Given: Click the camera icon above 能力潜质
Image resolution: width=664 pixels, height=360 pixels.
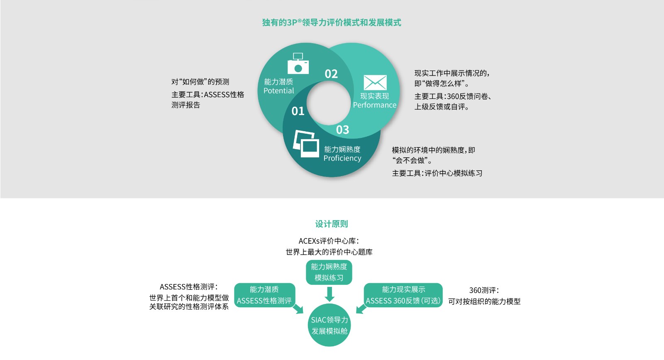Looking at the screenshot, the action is (x=298, y=64).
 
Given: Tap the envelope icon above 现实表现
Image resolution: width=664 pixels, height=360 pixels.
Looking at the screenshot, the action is (x=375, y=83).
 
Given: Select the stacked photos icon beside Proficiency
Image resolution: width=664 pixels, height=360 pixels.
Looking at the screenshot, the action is (x=306, y=144).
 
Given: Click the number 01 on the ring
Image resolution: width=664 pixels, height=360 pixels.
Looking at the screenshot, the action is (x=298, y=111).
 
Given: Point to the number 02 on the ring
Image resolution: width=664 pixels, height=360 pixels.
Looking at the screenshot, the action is (x=331, y=74).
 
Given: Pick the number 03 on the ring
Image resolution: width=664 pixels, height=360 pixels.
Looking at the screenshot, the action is (x=342, y=130).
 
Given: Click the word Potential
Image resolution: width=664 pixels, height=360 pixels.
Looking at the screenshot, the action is (x=278, y=91).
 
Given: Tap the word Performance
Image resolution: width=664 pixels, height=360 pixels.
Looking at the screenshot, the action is (x=375, y=105).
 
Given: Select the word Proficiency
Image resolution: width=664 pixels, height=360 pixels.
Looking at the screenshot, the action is (x=342, y=158).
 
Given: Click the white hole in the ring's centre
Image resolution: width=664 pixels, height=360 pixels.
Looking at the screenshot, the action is (x=329, y=103).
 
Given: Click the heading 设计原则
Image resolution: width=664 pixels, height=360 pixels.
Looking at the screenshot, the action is (x=332, y=224).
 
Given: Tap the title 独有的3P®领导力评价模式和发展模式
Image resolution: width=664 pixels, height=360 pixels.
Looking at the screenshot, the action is (x=332, y=22).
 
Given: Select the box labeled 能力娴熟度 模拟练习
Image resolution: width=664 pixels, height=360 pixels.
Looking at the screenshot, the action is (x=329, y=272).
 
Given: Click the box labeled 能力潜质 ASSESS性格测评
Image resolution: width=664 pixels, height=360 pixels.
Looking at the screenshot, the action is (x=265, y=295).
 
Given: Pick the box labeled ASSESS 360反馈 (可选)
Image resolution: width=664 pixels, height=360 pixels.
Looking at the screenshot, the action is (x=403, y=295).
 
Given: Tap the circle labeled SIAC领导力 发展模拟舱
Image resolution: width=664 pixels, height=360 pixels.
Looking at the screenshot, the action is (x=330, y=325).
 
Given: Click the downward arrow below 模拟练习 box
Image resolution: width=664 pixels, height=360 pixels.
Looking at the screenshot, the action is (x=330, y=294).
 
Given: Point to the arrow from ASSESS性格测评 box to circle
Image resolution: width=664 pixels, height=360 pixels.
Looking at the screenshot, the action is (x=298, y=309).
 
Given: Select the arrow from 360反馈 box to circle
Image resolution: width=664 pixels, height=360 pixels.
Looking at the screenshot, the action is (x=361, y=309).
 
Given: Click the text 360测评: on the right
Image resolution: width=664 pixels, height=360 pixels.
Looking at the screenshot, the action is (x=484, y=290).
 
